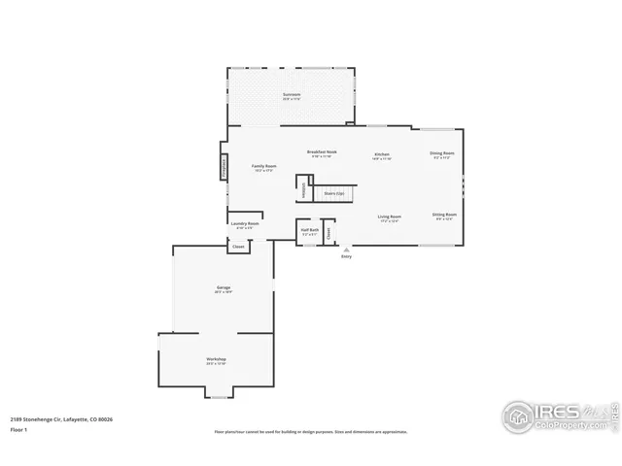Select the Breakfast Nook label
click(x=322, y=153)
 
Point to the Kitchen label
click(x=382, y=155)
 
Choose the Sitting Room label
click(x=444, y=216)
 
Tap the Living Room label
click(x=391, y=217)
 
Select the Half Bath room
click(x=310, y=233)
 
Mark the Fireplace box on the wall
click(x=224, y=168)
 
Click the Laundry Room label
click(x=245, y=225)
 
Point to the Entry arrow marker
click(x=346, y=250)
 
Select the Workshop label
click(x=216, y=360)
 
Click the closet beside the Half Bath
click(x=329, y=232)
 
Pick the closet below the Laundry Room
click(x=238, y=247)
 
